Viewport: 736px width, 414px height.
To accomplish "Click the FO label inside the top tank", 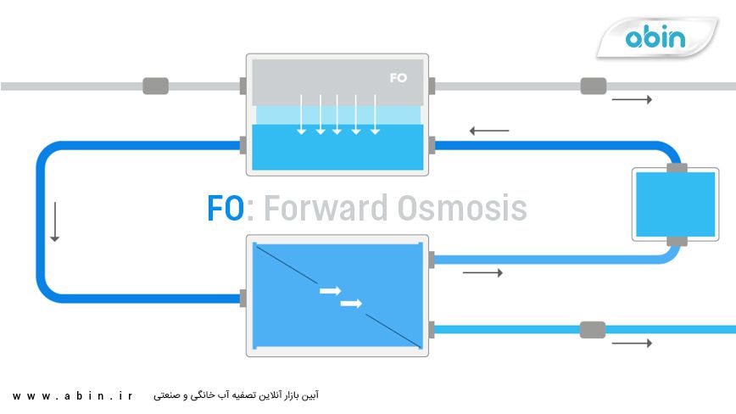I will pyautogui.click(x=399, y=78).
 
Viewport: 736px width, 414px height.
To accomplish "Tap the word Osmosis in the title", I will pyautogui.click(x=454, y=209).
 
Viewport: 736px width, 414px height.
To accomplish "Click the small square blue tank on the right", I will pyautogui.click(x=676, y=204).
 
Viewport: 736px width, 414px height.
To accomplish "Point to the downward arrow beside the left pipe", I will pyautogui.click(x=55, y=221).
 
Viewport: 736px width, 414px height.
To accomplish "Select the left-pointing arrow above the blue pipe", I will pyautogui.click(x=489, y=131).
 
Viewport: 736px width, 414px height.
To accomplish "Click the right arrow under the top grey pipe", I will pyautogui.click(x=632, y=100).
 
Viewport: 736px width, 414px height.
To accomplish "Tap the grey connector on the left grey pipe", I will pyautogui.click(x=155, y=86).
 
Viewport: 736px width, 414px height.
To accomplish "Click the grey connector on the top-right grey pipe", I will pyautogui.click(x=593, y=86).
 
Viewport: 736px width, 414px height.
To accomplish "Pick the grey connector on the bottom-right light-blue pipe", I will pyautogui.click(x=593, y=329).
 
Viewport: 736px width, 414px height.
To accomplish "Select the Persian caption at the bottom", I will pyautogui.click(x=237, y=396).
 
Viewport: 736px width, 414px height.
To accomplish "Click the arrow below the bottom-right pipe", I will pyautogui.click(x=632, y=344).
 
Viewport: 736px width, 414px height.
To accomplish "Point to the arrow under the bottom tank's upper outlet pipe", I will pyautogui.click(x=482, y=273).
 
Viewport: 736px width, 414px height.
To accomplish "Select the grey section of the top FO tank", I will pyautogui.click(x=337, y=81).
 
